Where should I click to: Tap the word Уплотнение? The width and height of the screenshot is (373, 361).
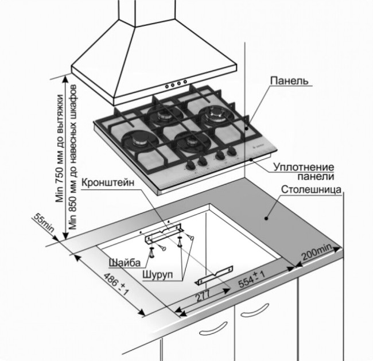click(301, 166)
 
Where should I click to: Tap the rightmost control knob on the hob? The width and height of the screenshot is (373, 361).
click(231, 153)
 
